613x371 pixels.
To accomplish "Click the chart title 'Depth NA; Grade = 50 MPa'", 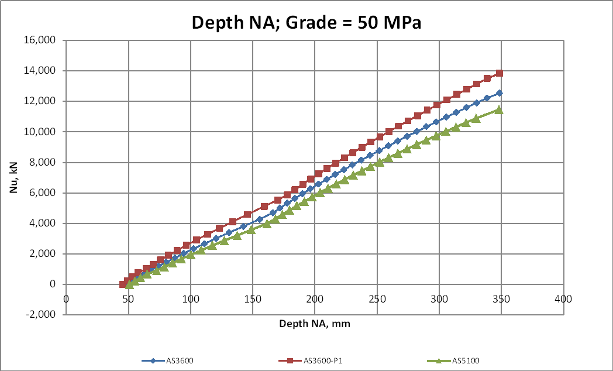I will [x=307, y=23].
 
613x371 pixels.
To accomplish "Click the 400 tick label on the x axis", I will [x=563, y=299].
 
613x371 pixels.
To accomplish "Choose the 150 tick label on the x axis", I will [x=252, y=299].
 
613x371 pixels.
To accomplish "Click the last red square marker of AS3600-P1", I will [x=499, y=73].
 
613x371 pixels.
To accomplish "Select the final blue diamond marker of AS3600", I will [x=499, y=93].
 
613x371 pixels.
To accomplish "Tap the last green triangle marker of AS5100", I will [x=498, y=109].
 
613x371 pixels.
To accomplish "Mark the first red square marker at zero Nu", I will [x=123, y=284].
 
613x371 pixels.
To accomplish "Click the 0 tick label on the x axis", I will [x=66, y=299].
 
